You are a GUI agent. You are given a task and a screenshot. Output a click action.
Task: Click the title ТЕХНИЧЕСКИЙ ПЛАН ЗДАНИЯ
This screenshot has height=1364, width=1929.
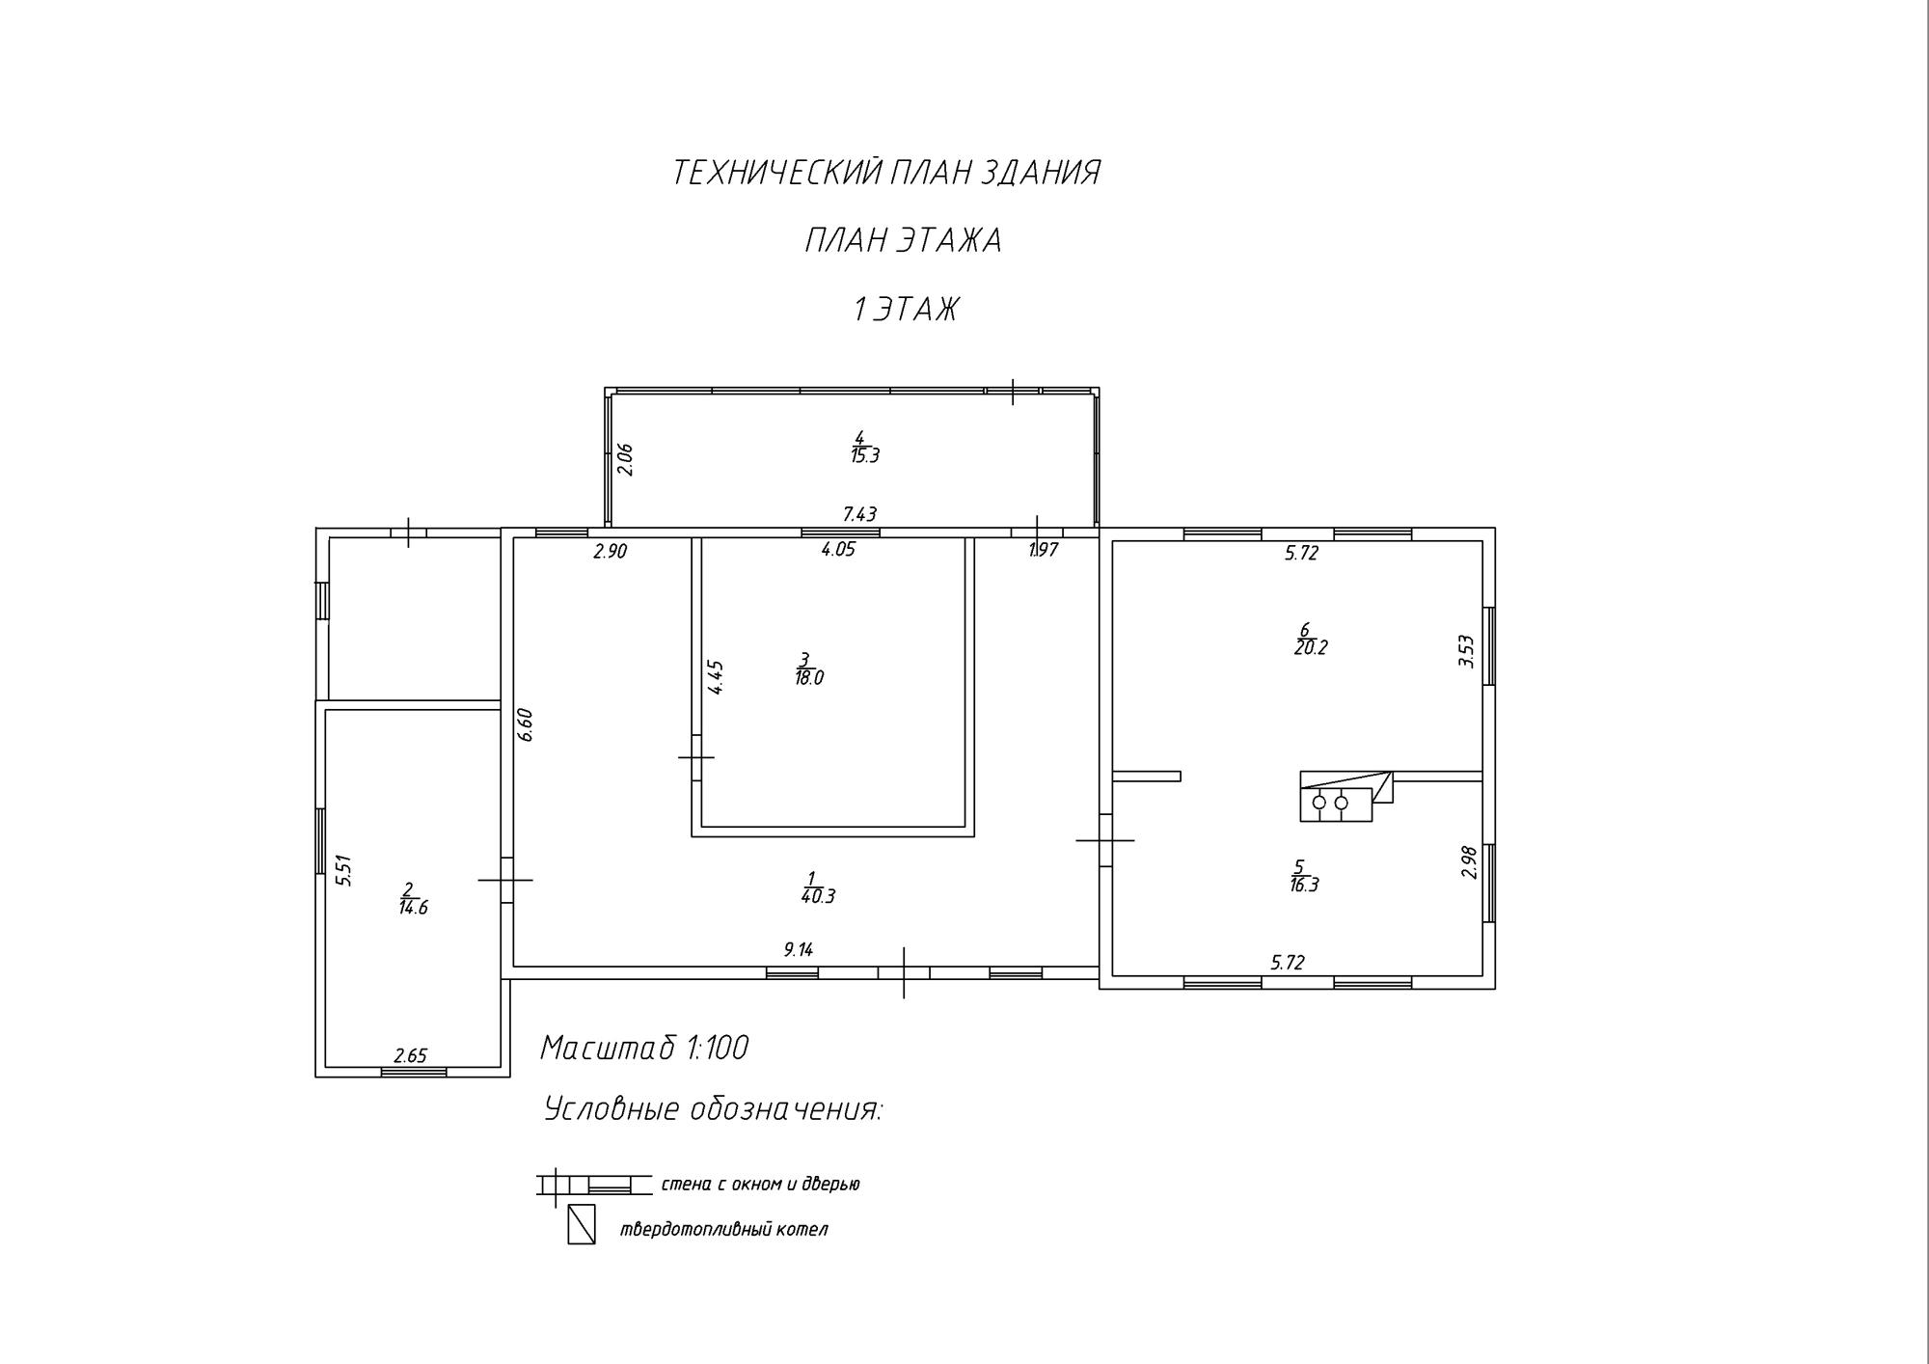(885, 173)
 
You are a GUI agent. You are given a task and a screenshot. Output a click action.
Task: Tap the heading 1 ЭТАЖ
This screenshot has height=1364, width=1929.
(907, 310)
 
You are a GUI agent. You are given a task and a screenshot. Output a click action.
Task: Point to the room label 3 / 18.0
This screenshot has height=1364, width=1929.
(808, 669)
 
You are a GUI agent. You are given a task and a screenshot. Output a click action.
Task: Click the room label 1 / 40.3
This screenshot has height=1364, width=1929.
(817, 887)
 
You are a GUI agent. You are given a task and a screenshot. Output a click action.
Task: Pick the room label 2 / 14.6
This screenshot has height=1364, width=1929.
(413, 899)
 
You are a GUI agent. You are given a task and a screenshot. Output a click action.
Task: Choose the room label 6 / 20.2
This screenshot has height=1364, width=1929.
(1310, 640)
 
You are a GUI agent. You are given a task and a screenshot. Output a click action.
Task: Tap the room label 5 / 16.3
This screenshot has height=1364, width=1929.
(1303, 877)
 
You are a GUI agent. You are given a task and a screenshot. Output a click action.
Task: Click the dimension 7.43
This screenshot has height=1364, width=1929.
(859, 514)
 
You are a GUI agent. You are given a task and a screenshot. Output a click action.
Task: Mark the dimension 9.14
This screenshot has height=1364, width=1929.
(799, 949)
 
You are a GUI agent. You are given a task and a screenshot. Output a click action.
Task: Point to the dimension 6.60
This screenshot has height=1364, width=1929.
(526, 724)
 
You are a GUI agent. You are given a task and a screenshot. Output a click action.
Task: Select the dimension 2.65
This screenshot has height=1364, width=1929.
(410, 1056)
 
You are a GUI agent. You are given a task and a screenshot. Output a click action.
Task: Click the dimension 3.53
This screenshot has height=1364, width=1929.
(1466, 651)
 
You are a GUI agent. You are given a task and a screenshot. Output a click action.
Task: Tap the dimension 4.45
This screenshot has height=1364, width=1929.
(716, 677)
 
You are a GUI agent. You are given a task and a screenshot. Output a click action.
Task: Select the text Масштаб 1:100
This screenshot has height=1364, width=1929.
(644, 1048)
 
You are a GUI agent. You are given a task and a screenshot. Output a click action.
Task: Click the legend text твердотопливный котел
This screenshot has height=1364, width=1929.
(723, 1230)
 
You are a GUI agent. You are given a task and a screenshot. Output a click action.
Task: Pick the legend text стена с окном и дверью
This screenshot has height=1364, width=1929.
(760, 1184)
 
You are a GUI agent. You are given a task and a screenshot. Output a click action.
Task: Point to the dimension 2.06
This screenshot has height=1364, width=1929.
(625, 459)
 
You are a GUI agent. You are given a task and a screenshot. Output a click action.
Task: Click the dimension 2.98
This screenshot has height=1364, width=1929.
(1469, 861)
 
